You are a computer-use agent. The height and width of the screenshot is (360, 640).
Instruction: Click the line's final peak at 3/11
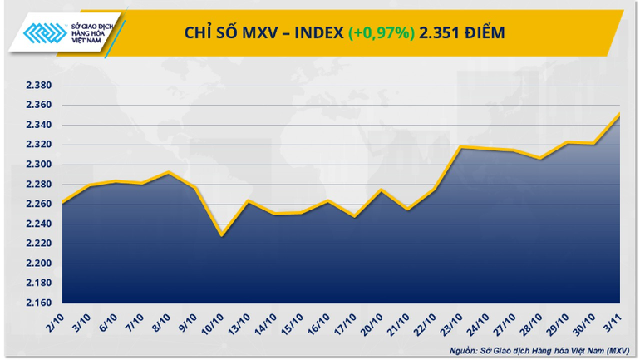pos(620,115)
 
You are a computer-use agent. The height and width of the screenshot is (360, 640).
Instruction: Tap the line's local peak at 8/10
pos(169,173)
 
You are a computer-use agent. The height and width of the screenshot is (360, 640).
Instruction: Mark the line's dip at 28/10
pos(540,158)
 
